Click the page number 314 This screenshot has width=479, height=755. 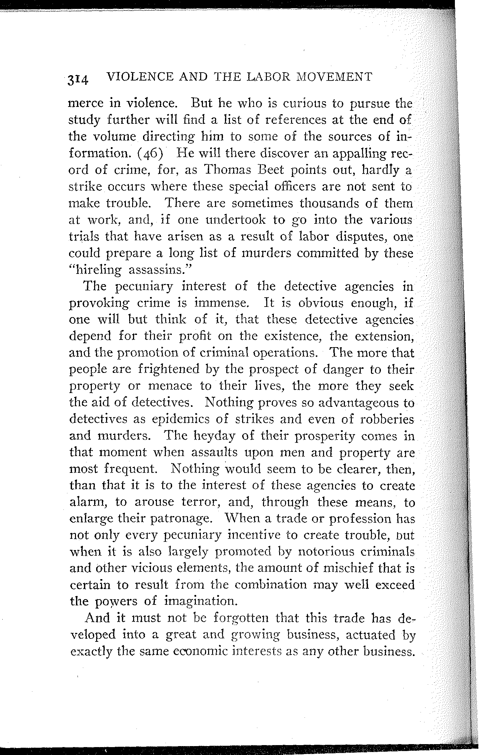(78, 80)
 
